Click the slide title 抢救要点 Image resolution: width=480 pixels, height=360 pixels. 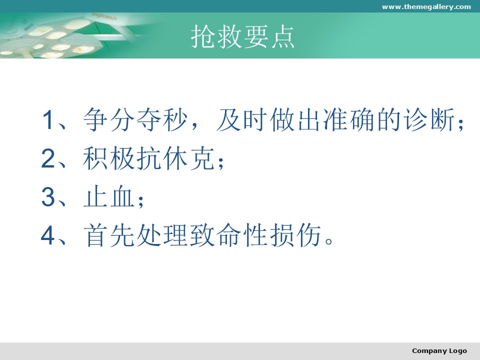pos(242,36)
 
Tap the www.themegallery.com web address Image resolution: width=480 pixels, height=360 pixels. pos(426,6)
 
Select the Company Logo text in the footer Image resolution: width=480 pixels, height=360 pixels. pos(439,351)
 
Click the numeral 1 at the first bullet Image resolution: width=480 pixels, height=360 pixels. pos(48,119)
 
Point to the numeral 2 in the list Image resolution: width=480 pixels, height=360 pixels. pos(48,158)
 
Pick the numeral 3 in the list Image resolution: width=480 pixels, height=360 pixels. pos(48,197)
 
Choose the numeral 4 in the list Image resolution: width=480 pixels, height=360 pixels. pos(48,235)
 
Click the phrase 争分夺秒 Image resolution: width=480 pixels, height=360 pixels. pos(135,119)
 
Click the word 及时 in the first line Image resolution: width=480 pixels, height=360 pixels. pos(242,119)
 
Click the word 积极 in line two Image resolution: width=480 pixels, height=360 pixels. pos(108,158)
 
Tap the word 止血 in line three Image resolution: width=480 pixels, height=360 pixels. pos(108,197)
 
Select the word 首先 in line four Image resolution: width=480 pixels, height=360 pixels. pos(108,235)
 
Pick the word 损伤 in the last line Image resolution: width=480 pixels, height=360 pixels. pos(295,235)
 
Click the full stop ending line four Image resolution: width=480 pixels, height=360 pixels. pos(329,241)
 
